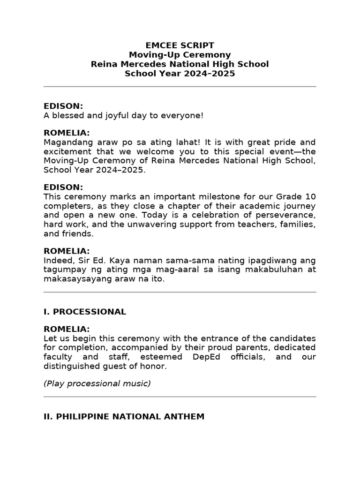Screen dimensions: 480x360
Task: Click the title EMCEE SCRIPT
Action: [180, 45]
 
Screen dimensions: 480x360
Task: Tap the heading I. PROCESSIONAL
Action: [85, 312]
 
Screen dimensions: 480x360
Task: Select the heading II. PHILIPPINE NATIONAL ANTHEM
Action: [124, 416]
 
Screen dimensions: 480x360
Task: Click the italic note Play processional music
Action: [97, 383]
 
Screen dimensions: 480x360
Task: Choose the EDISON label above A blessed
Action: [63, 106]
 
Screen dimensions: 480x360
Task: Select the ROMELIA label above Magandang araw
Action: [67, 133]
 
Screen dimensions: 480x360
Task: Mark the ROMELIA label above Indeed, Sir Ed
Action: [67, 251]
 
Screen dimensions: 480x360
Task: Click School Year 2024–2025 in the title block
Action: [180, 74]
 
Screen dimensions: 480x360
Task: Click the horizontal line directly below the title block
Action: [180, 87]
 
